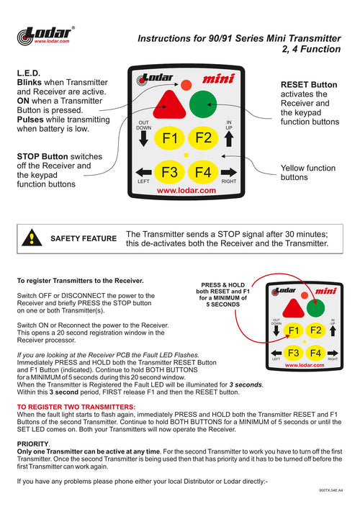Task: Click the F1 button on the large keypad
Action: point(169,138)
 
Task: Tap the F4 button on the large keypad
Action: point(203,172)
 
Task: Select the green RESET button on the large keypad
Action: point(203,104)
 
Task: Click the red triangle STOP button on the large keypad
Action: point(169,105)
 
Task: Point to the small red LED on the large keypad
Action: point(186,85)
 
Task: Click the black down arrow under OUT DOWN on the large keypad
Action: point(143,139)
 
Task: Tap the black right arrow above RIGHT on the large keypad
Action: point(229,172)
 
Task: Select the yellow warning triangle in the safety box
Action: point(32,238)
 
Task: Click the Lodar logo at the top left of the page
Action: point(45,36)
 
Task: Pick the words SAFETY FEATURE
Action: point(84,238)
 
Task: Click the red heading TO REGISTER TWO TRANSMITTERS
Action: point(76,407)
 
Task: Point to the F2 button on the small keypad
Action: point(315,330)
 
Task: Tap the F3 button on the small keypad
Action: point(294,353)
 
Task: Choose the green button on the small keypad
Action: point(315,308)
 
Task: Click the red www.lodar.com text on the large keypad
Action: point(186,191)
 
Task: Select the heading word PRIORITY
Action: point(33,444)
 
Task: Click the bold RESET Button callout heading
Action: point(309,85)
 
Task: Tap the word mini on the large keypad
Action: point(218,79)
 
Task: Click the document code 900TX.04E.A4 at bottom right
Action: point(330,490)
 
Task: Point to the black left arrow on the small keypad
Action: point(276,353)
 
